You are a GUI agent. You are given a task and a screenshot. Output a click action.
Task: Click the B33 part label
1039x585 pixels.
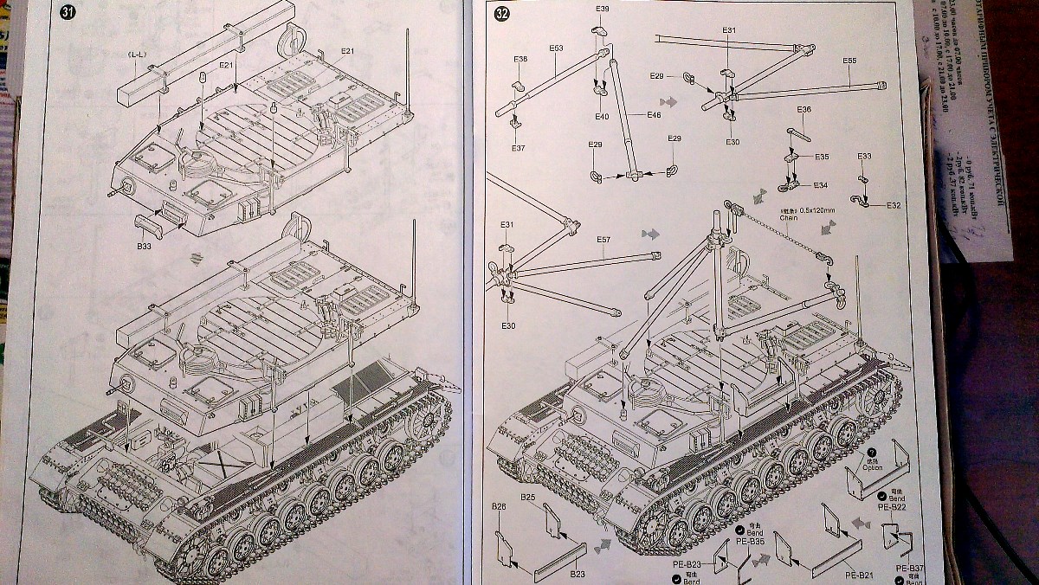coord(143,246)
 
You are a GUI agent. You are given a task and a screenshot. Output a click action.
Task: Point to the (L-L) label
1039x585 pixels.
coord(137,55)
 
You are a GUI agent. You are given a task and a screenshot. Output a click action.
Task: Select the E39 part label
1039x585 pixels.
coord(603,9)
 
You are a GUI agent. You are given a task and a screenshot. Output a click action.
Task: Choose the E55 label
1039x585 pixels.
coord(849,61)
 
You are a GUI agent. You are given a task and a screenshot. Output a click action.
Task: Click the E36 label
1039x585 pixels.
coord(803,110)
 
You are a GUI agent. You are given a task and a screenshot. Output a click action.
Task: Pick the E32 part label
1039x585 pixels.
coord(894,205)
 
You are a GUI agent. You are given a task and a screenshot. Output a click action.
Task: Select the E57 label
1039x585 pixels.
coord(603,240)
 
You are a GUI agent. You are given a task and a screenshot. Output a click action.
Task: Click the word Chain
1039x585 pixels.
coord(788,219)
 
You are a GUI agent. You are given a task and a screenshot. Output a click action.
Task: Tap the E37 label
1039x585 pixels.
coord(518,148)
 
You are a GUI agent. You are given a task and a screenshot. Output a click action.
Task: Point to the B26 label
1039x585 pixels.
coord(499,505)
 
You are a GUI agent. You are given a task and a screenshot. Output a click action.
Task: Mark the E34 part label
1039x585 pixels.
coord(819,185)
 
